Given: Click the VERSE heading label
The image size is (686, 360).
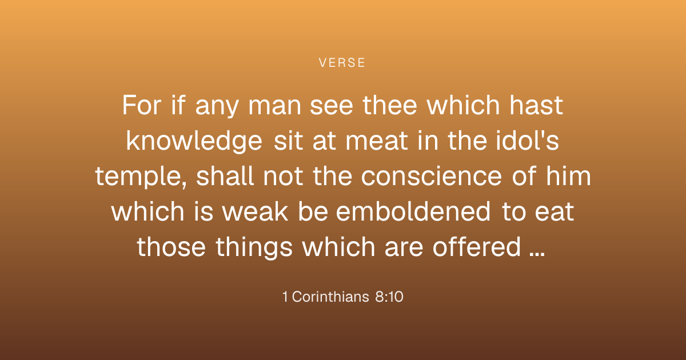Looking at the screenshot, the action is click(x=342, y=63).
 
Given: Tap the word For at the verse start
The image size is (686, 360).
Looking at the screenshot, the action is click(x=142, y=105).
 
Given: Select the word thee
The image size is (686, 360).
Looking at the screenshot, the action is click(x=389, y=105).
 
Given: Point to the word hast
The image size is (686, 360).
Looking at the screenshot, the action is click(x=536, y=105).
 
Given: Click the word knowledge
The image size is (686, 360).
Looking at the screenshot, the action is click(x=194, y=141).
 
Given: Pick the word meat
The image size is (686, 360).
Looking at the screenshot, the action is click(x=377, y=141).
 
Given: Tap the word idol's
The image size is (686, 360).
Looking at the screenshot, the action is click(x=527, y=141).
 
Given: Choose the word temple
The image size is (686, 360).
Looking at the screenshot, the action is click(x=139, y=177).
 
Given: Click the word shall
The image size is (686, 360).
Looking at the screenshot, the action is click(x=225, y=176).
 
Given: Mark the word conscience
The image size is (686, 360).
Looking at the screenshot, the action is click(x=432, y=177).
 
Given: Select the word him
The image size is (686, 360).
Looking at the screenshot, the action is click(x=569, y=176).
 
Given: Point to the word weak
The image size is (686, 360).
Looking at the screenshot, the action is click(x=255, y=211).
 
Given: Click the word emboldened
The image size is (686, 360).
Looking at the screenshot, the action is click(x=413, y=211).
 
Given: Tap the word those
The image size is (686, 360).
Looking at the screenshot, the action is click(x=171, y=247).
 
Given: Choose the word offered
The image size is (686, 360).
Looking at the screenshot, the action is click(x=477, y=247).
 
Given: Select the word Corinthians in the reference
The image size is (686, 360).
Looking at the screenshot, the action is click(x=330, y=297).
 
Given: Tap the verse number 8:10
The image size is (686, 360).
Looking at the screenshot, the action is click(x=389, y=297).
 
